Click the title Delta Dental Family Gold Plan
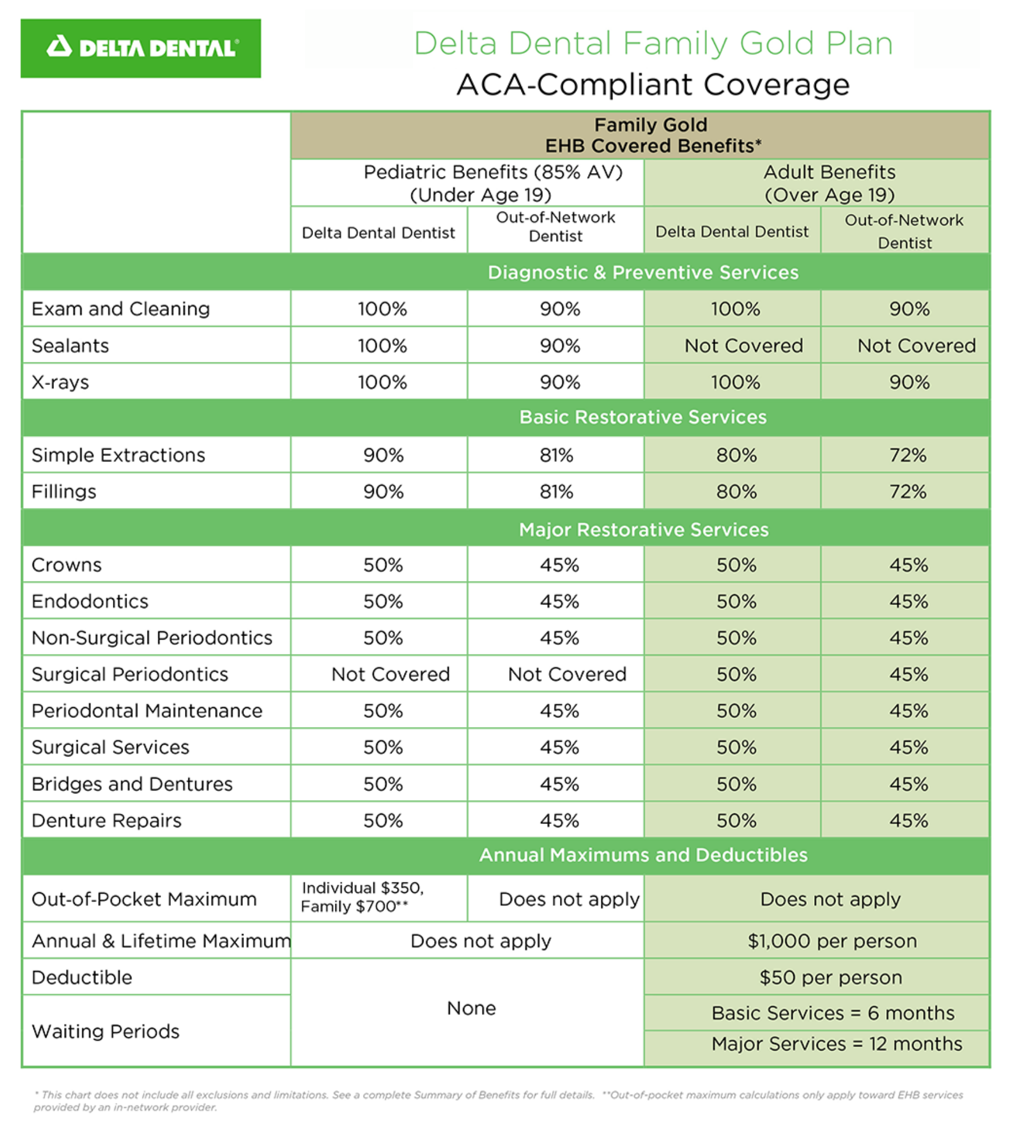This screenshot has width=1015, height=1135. click(653, 43)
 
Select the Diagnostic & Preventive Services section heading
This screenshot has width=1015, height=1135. click(642, 272)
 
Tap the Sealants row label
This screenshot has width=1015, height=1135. click(70, 346)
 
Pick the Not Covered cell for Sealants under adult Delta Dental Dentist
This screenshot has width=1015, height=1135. click(743, 346)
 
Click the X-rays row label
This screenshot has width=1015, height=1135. click(60, 382)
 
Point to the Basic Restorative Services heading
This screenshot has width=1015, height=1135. click(642, 417)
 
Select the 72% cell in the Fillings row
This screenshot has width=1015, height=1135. click(907, 491)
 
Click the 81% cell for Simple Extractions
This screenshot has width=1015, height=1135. click(556, 455)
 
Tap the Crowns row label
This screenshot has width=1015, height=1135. click(67, 565)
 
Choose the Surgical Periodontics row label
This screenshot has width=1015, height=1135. click(130, 674)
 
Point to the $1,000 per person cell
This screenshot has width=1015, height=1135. click(832, 941)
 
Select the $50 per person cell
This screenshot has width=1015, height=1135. click(831, 977)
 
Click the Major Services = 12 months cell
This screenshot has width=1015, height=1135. click(837, 1044)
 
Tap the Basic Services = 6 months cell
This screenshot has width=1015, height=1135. click(833, 1013)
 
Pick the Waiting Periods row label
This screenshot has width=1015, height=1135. click(106, 1031)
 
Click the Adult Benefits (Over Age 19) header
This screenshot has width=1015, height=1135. click(829, 183)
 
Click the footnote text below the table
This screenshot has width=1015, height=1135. click(498, 1100)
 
